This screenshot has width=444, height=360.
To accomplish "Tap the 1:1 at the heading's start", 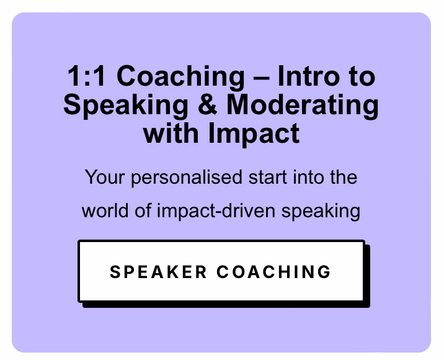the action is [86, 76].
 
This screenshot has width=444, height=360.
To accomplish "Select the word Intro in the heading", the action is [308, 76].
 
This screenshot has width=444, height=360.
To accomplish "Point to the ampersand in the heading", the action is [207, 104].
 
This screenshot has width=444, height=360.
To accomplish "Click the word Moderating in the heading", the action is [303, 106].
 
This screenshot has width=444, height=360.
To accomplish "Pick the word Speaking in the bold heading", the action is [126, 106].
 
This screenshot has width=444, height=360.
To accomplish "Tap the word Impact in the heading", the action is [254, 134].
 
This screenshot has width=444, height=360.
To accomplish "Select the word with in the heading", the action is [171, 133].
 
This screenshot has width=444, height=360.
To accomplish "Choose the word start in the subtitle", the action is [268, 178].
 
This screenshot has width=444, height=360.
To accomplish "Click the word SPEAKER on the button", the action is [158, 272].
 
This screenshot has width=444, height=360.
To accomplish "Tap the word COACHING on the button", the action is [273, 272].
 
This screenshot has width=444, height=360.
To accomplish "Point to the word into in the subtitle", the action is [308, 178].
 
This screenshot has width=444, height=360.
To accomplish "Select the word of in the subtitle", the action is [143, 211].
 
